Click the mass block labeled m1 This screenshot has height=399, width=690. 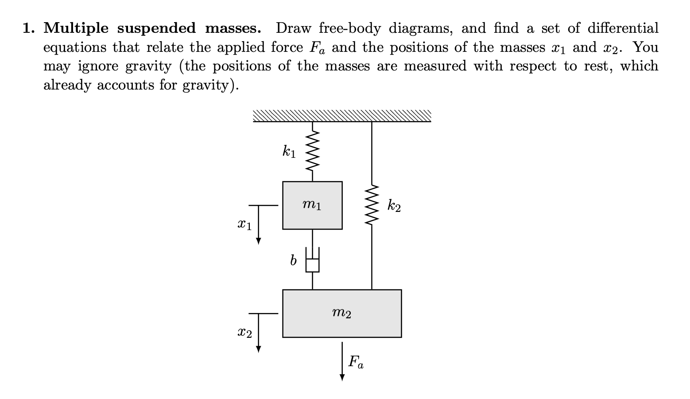point(312,205)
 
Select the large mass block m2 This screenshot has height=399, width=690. point(342,313)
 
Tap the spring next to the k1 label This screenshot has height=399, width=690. point(313,151)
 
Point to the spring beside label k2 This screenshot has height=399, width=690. point(372,205)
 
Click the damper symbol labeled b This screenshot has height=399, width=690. point(313,264)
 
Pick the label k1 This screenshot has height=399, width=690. point(289,152)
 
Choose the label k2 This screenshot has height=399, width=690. point(394,206)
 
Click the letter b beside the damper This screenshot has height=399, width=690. point(293,261)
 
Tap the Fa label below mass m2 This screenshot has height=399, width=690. point(356,362)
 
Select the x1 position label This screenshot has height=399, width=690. point(244,225)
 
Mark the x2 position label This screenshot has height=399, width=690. point(244,332)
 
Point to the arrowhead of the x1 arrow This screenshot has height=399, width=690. point(259,241)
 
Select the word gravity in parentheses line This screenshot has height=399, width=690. point(208,85)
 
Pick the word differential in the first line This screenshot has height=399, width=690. point(623,28)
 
